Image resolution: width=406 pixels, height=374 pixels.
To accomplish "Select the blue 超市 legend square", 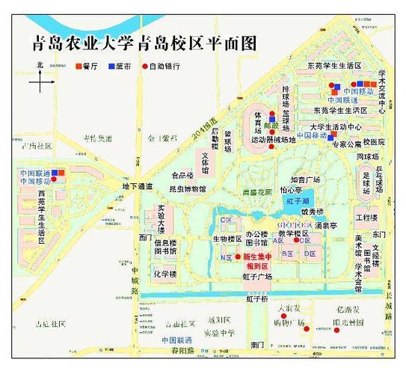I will point(111,67).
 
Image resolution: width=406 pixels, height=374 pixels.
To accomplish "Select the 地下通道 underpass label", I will point(140,186).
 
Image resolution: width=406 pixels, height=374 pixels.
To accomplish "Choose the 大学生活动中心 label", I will point(336,126).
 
